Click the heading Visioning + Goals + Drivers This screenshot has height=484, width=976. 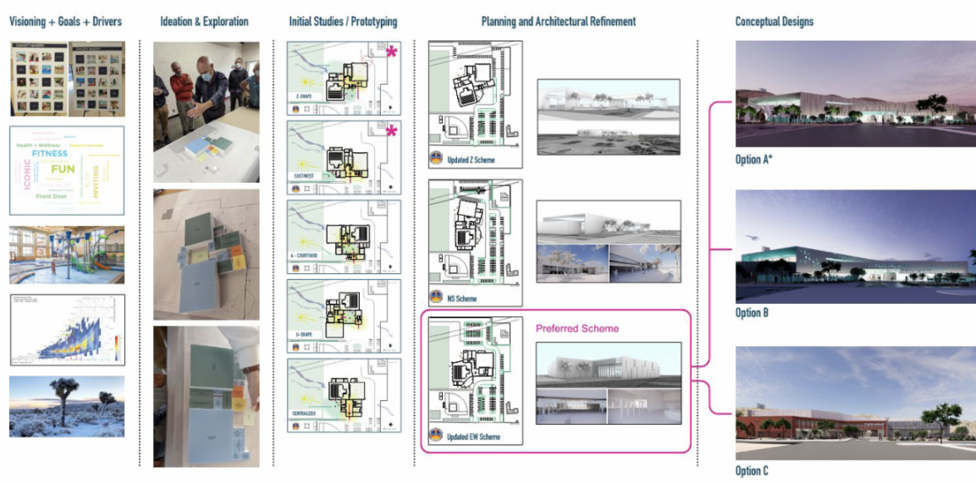click(66, 21)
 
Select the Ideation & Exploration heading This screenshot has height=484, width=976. click(204, 21)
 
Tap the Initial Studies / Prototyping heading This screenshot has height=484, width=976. click(342, 21)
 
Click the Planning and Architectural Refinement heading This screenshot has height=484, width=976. click(558, 21)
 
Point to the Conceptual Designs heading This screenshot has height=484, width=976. click(774, 21)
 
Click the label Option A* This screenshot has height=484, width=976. click(754, 159)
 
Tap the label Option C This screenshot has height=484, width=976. click(752, 470)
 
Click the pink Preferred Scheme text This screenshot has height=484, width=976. click(577, 328)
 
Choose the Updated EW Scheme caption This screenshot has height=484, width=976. click(477, 437)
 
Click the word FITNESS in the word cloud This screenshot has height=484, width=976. click(50, 154)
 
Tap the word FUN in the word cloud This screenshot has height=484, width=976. click(63, 169)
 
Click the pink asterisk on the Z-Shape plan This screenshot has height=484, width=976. click(391, 52)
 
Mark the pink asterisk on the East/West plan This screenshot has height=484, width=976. click(391, 130)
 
